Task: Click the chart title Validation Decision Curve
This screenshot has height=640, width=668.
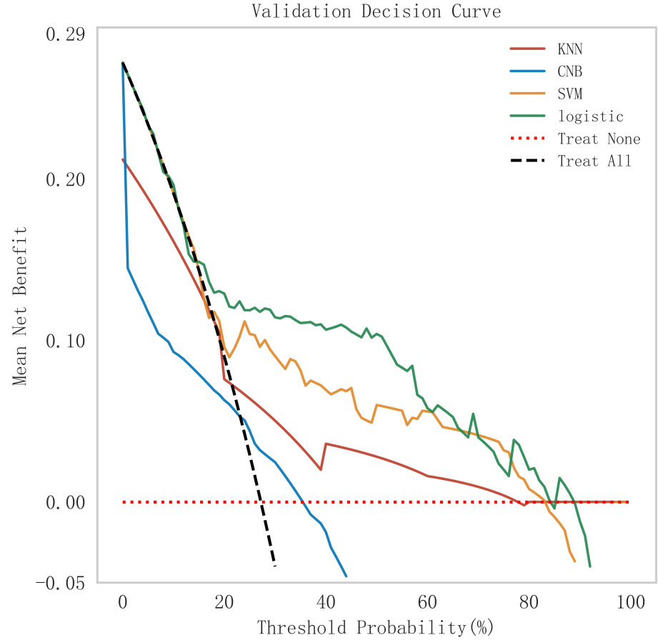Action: pyautogui.click(x=376, y=11)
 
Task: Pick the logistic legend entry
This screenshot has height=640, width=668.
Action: pyautogui.click(x=591, y=116)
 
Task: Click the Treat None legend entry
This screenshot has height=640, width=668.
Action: pyautogui.click(x=599, y=139)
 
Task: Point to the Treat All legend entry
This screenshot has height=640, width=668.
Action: pyautogui.click(x=594, y=161)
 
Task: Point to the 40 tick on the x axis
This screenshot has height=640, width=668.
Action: pyautogui.click(x=326, y=602)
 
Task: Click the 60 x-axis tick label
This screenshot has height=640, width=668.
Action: pyautogui.click(x=427, y=602)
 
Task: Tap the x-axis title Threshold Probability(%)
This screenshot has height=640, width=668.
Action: pyautogui.click(x=376, y=628)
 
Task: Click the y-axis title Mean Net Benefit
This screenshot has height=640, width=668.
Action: pyautogui.click(x=19, y=306)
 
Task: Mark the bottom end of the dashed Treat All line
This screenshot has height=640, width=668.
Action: pyautogui.click(x=275, y=566)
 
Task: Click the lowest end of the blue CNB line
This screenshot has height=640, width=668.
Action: pyautogui.click(x=346, y=576)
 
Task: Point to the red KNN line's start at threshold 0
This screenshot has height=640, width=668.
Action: pyautogui.click(x=123, y=159)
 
